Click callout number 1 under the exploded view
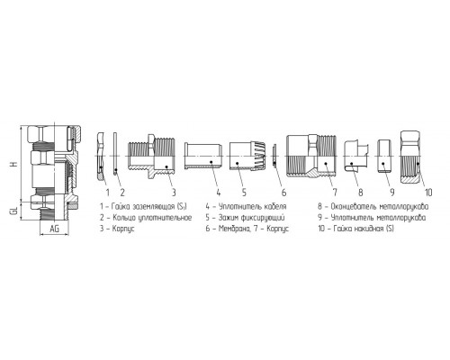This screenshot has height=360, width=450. (x=107, y=192)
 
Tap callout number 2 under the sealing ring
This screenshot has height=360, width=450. (x=122, y=192)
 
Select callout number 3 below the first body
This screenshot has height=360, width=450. (x=174, y=192)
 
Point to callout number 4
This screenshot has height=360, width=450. (x=219, y=192)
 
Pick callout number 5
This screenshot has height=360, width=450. (x=244, y=192)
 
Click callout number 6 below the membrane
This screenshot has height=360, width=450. (x=283, y=192)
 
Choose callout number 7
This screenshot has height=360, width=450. (x=335, y=192)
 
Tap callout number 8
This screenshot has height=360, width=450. (x=361, y=192)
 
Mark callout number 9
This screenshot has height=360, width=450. (x=391, y=192)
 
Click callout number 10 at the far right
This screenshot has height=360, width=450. (x=429, y=192)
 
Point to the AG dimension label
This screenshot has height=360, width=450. (x=54, y=229)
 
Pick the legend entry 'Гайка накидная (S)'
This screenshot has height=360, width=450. (x=355, y=229)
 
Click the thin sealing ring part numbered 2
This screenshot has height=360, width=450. (x=115, y=153)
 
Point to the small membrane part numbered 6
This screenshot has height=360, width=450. (x=274, y=156)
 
